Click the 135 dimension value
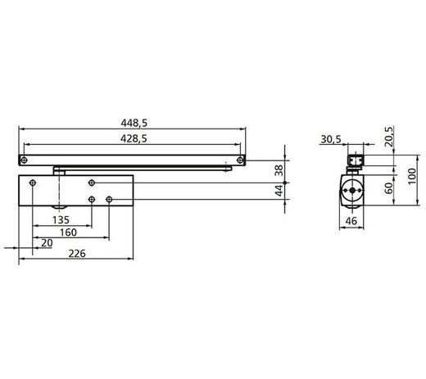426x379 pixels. tap(60, 220)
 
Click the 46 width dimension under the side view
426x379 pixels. tap(351, 221)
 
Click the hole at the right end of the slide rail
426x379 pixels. tap(238, 159)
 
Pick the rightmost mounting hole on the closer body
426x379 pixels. tap(109, 199)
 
